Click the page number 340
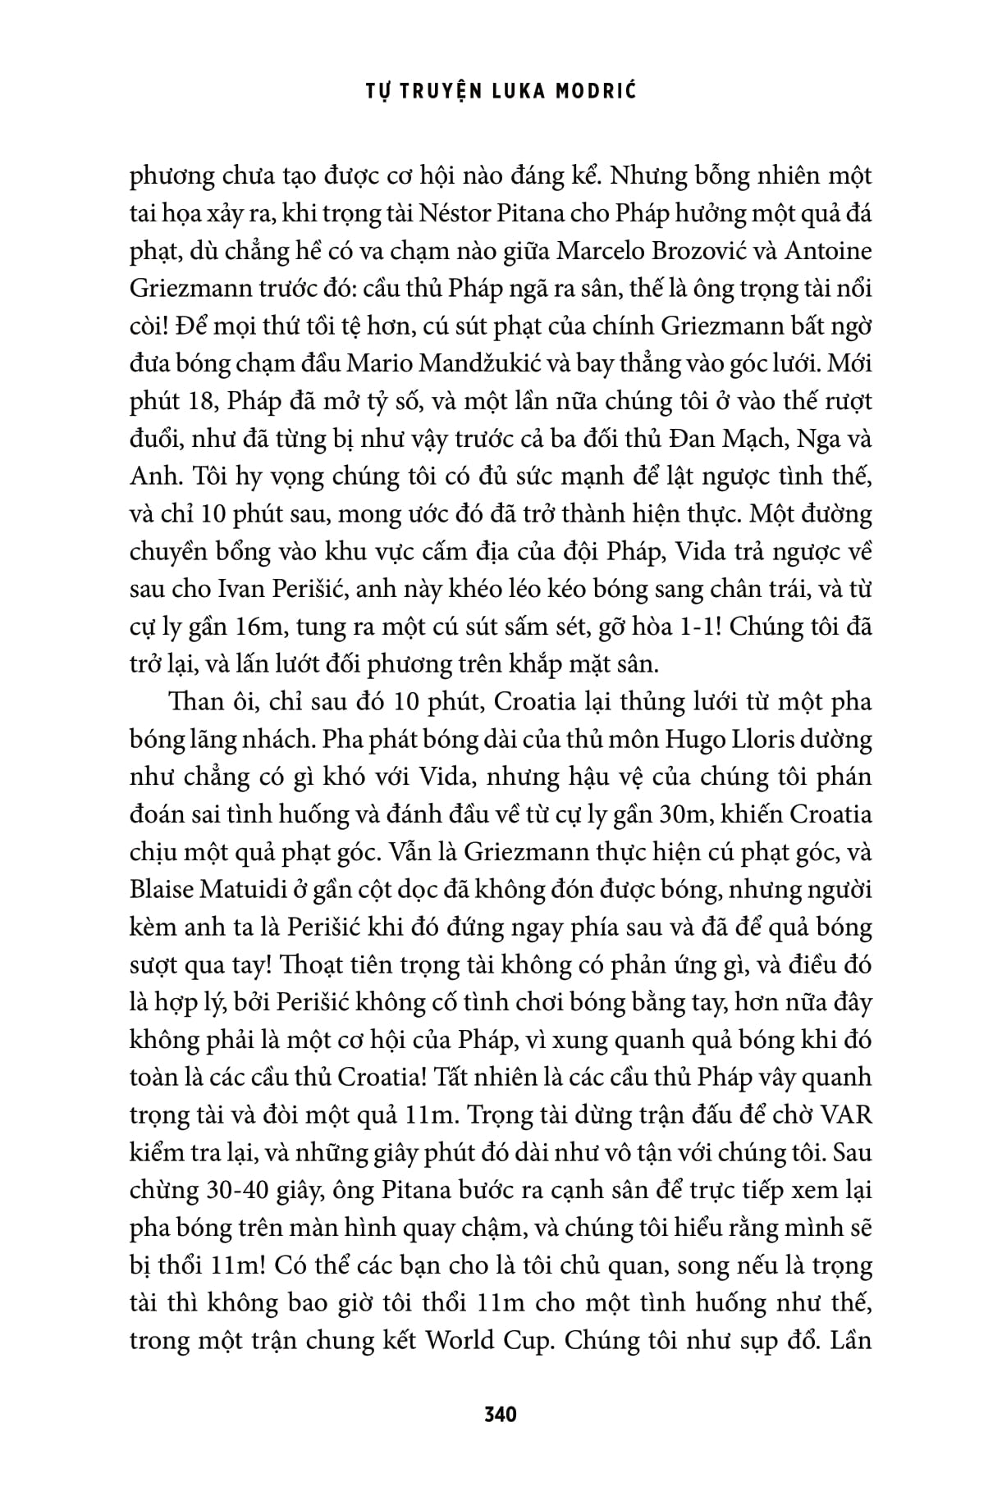[501, 1415]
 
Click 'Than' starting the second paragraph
[193, 703]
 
